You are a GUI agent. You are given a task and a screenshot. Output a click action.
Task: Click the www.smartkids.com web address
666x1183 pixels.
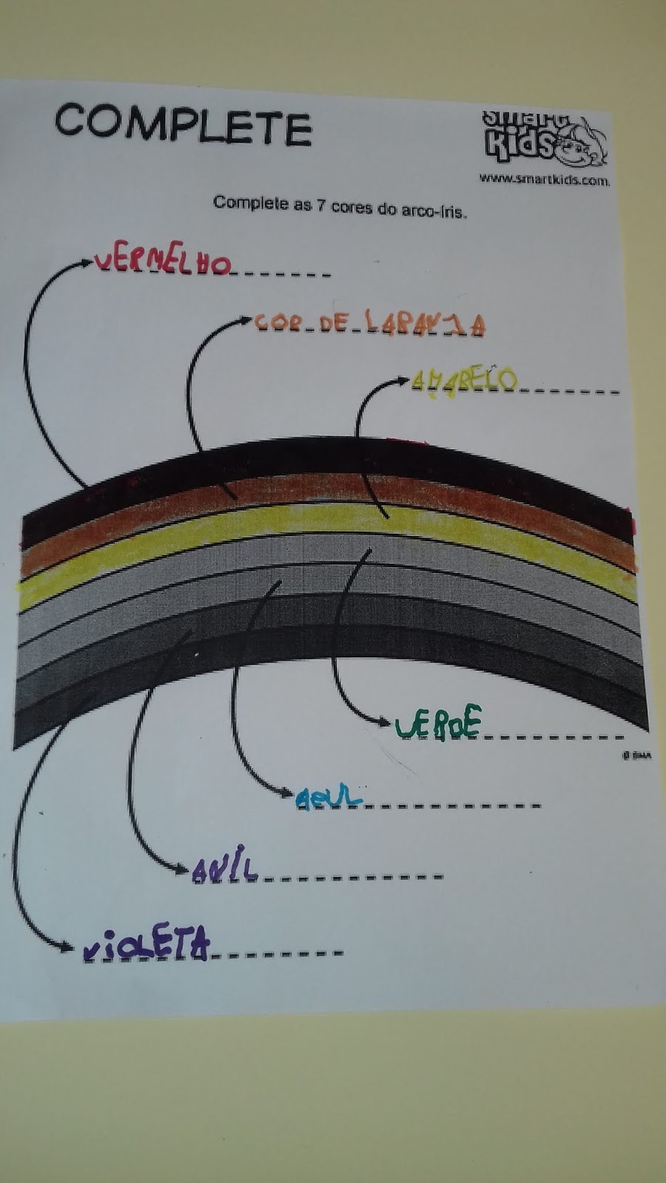[x=544, y=178]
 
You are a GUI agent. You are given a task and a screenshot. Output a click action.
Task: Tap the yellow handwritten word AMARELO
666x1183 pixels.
[x=464, y=381]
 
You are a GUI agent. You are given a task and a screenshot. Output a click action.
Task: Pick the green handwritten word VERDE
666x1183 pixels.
[x=439, y=723]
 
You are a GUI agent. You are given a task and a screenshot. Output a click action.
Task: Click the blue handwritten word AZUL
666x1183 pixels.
[x=329, y=796]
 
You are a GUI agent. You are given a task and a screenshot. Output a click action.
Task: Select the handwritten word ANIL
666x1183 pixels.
[x=225, y=870]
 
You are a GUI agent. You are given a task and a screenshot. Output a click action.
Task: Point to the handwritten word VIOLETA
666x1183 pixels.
[x=147, y=946]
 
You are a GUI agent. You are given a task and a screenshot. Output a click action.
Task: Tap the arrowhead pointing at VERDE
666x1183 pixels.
[x=384, y=722]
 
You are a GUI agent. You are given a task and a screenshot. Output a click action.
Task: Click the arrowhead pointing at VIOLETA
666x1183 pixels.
[x=68, y=946]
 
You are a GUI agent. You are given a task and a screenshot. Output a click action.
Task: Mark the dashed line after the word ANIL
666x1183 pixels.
[x=351, y=877]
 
